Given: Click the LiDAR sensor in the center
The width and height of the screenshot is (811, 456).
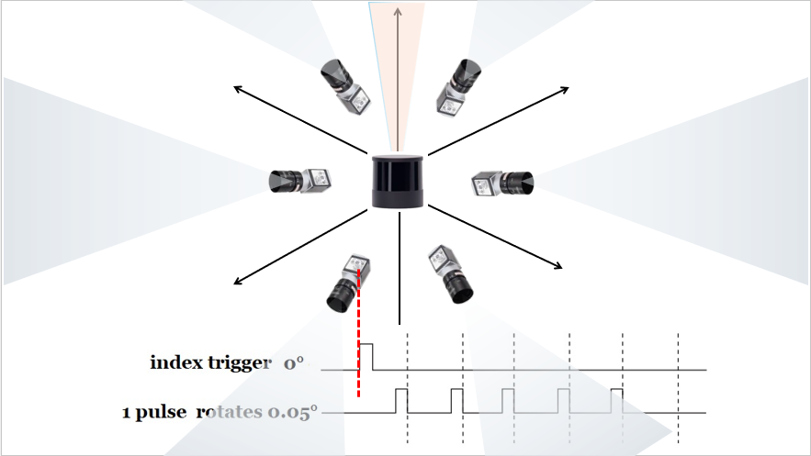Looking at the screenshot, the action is pyautogui.click(x=398, y=181).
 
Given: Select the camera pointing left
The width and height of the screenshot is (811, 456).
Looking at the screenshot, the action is pyautogui.click(x=299, y=181).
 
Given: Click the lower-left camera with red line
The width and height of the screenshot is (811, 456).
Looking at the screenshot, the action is pyautogui.click(x=349, y=284).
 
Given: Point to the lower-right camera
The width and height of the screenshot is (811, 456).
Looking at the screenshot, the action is pyautogui.click(x=450, y=273).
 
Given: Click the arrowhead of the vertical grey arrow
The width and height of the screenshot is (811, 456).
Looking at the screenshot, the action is pyautogui.click(x=397, y=10).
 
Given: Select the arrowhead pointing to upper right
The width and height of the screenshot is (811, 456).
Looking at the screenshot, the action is pyautogui.click(x=565, y=90).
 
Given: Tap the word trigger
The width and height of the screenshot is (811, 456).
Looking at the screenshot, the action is pyautogui.click(x=239, y=363).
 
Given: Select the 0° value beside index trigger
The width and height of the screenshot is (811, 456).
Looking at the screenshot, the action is pyautogui.click(x=293, y=363).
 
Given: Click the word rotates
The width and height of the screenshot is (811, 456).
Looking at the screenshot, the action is pyautogui.click(x=229, y=412).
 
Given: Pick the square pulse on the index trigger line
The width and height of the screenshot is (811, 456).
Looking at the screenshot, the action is pyautogui.click(x=366, y=356).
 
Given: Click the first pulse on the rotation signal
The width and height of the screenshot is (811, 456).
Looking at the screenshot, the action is pyautogui.click(x=401, y=401).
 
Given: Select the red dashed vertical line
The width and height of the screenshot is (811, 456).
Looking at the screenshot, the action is pyautogui.click(x=358, y=332).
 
